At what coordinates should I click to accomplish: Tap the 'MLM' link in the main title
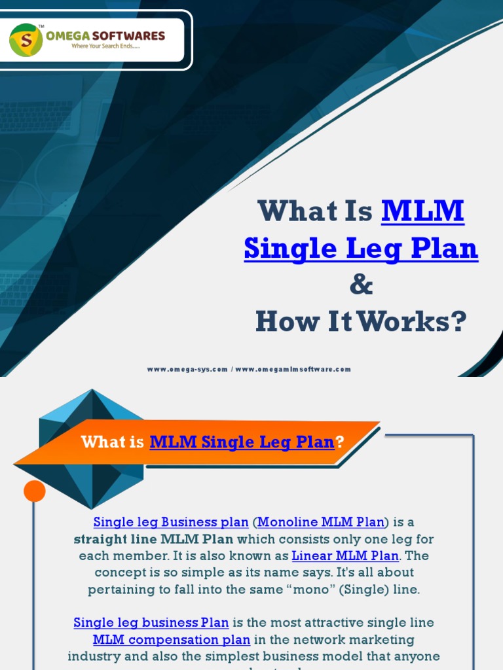click(x=422, y=211)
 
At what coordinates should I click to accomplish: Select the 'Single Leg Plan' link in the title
click(x=361, y=249)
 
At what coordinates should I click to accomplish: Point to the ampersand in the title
click(x=361, y=285)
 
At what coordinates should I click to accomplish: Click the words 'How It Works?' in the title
click(x=361, y=322)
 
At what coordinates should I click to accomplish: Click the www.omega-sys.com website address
click(x=187, y=369)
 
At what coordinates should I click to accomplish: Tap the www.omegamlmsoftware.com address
click(x=293, y=369)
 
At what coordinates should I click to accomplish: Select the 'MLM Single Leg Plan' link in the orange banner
click(x=242, y=442)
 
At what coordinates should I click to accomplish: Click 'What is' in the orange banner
click(x=113, y=442)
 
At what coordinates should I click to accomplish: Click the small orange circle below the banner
click(x=35, y=491)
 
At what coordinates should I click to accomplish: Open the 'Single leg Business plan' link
click(x=171, y=522)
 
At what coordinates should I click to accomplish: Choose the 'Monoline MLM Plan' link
click(x=321, y=522)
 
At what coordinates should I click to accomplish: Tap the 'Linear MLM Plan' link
click(x=345, y=556)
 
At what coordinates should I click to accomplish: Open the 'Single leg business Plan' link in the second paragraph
click(x=151, y=623)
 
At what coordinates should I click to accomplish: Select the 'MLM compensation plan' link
click(x=172, y=640)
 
